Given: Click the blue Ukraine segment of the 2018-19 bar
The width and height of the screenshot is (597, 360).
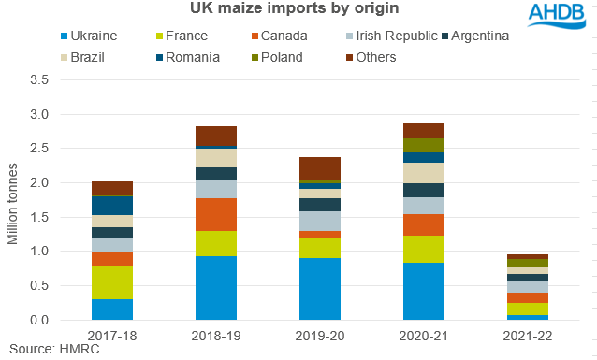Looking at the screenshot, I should (216, 288).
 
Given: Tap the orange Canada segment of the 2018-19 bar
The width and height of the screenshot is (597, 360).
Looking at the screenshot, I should (216, 214).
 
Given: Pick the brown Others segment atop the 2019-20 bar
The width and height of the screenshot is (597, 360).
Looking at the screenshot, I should (320, 168).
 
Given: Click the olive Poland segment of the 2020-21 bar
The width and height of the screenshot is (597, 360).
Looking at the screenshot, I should (424, 145).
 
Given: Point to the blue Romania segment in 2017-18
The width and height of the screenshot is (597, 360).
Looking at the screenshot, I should (112, 206).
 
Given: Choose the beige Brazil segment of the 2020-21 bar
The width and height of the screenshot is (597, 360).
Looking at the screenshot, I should (424, 173).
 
